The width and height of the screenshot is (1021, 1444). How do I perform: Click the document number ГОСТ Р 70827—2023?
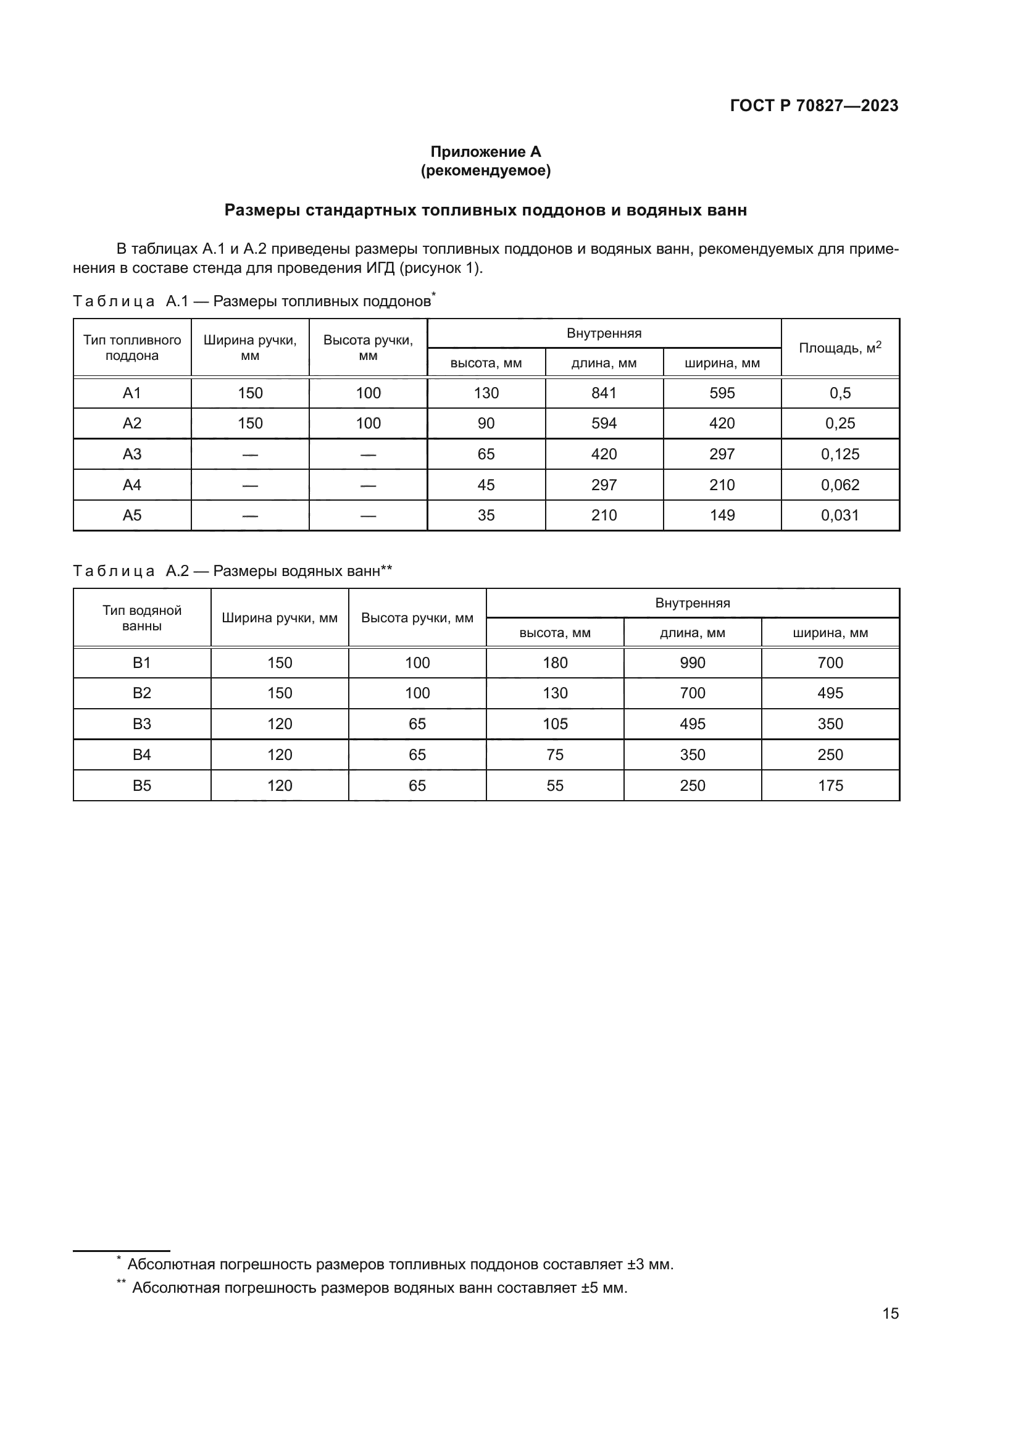(814, 106)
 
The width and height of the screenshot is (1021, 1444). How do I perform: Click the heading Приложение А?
(485, 152)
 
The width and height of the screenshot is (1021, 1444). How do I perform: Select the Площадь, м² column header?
(840, 348)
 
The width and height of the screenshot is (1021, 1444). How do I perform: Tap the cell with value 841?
(604, 393)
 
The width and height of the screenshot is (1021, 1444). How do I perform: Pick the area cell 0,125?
(840, 454)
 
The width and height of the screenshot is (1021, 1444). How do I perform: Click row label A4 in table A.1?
(132, 485)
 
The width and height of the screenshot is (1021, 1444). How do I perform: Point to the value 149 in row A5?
(722, 515)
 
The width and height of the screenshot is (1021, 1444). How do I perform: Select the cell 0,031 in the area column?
(840, 515)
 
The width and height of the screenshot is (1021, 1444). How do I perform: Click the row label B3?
(142, 724)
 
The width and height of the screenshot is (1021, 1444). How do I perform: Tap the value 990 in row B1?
(692, 663)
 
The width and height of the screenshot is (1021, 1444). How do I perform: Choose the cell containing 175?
(830, 785)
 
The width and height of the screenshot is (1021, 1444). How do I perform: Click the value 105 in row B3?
(555, 724)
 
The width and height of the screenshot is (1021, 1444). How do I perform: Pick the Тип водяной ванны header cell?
(142, 617)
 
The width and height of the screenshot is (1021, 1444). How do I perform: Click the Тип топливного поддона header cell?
(132, 348)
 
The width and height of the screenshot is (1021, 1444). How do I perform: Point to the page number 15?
(890, 1313)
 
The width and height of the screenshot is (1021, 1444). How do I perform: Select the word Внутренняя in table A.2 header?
(692, 603)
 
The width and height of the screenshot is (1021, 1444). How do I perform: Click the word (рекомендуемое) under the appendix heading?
(485, 171)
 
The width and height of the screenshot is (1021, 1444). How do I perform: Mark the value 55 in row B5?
(555, 785)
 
